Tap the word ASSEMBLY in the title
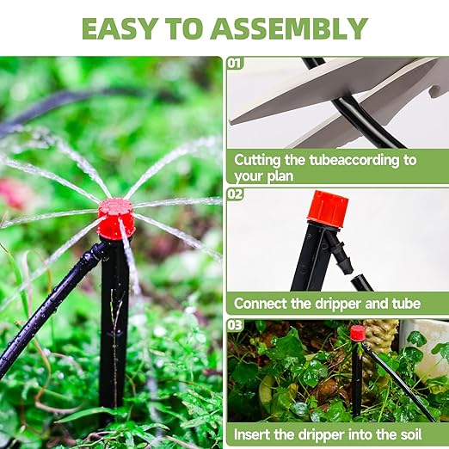(292, 28)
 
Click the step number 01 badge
(235, 64)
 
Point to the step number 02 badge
(235, 194)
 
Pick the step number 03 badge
(235, 325)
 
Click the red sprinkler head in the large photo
(116, 217)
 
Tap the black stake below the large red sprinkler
(114, 318)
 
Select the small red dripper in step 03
(357, 333)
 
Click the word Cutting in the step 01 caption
(260, 160)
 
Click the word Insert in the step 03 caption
(255, 434)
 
